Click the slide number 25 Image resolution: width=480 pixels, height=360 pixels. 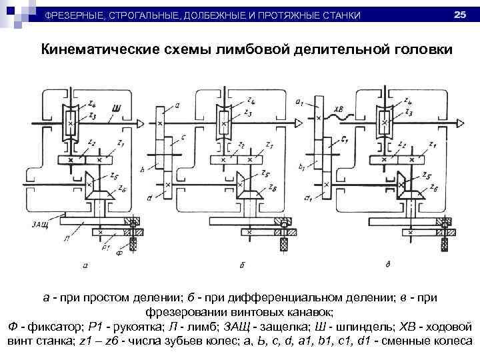pyautogui.click(x=459, y=14)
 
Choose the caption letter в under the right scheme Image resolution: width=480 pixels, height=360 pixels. pyautogui.click(x=389, y=265)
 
